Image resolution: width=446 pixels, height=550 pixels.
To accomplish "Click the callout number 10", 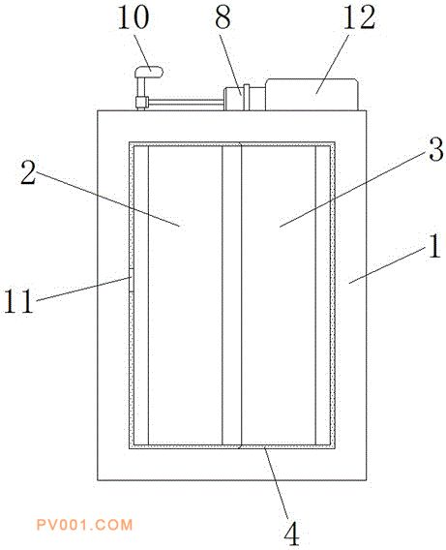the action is pyautogui.click(x=134, y=17).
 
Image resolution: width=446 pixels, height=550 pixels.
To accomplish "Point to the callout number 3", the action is pyautogui.click(x=436, y=149).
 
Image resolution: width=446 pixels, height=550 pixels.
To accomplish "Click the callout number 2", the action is pyautogui.click(x=28, y=172).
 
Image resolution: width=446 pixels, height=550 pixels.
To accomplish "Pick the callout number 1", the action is pyautogui.click(x=434, y=246).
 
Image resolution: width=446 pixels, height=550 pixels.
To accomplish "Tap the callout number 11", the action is pyautogui.click(x=18, y=301).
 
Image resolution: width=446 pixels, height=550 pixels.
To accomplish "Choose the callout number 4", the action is pyautogui.click(x=291, y=534).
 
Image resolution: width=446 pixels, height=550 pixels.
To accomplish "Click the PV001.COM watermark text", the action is pyautogui.click(x=85, y=525).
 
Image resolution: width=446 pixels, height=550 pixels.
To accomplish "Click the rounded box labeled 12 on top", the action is pyautogui.click(x=312, y=94).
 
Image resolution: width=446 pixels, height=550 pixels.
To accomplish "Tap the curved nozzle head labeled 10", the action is pyautogui.click(x=149, y=72).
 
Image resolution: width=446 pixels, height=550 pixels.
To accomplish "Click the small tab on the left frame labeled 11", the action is pyautogui.click(x=131, y=280).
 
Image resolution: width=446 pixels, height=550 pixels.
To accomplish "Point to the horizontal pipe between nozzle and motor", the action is pyautogui.click(x=186, y=102).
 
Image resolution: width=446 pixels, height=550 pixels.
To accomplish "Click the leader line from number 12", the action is pyautogui.click(x=332, y=64).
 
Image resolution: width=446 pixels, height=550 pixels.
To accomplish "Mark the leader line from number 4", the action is pyautogui.click(x=277, y=483).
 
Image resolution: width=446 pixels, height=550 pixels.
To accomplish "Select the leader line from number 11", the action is pyautogui.click(x=83, y=289).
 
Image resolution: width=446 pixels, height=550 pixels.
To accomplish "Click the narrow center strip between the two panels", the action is pyautogui.click(x=231, y=295).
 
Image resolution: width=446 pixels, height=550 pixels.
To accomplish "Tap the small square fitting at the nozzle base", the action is pyautogui.click(x=141, y=102).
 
